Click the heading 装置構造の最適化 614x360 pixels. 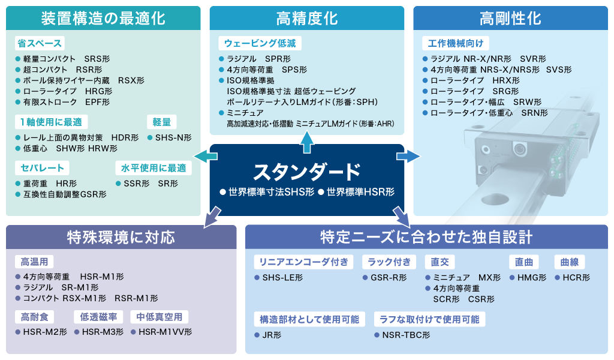(x=103, y=19)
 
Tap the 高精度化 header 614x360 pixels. (x=306, y=19)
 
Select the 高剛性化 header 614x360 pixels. (x=510, y=19)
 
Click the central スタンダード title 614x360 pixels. (x=306, y=172)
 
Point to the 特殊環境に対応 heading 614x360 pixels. (x=121, y=237)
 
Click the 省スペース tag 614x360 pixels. (x=40, y=43)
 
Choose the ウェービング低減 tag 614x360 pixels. (x=260, y=43)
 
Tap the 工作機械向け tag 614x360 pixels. (x=456, y=43)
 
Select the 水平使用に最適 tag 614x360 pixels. (x=153, y=168)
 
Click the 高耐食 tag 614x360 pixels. (x=34, y=317)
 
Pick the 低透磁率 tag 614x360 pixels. (x=99, y=317)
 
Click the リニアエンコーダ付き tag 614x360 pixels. (x=303, y=262)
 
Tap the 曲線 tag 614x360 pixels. (x=570, y=262)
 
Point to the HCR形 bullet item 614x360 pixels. (x=573, y=277)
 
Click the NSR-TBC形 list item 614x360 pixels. (x=402, y=335)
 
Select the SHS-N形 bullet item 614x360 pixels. (x=170, y=137)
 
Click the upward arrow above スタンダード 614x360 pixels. (x=306, y=142)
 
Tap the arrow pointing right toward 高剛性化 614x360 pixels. (x=408, y=157)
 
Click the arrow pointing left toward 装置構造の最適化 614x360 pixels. (x=206, y=157)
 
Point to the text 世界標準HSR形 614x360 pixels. (x=356, y=192)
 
